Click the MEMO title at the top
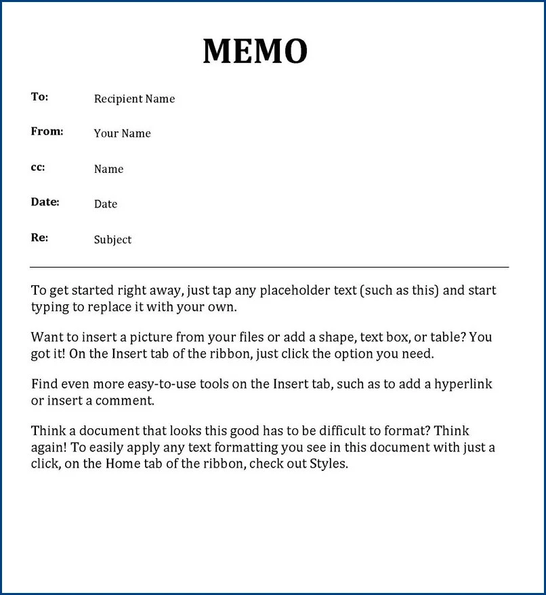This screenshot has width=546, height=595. click(255, 52)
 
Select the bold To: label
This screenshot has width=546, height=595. click(40, 97)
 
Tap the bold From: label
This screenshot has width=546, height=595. click(47, 131)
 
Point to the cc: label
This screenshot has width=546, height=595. click(38, 167)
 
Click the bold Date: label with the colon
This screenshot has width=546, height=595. click(45, 202)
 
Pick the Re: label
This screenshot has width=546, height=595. click(39, 238)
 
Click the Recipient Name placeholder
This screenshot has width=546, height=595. click(134, 99)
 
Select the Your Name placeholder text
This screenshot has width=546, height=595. click(122, 134)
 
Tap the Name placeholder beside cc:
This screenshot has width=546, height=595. click(108, 169)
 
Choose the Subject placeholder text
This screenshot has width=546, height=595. click(112, 240)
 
